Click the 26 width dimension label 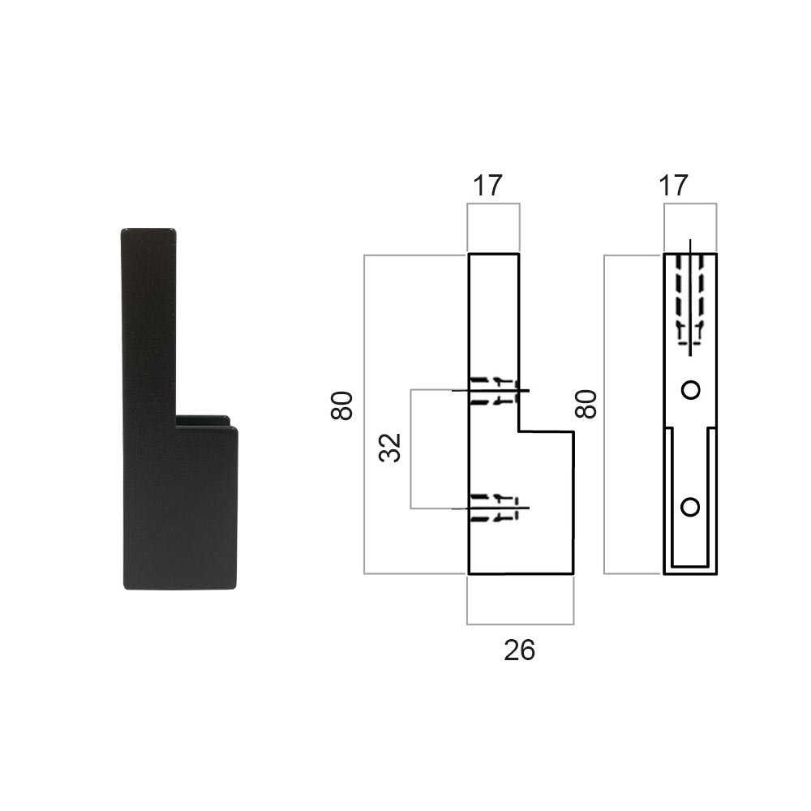coord(519,650)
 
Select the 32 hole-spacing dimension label coord(391,448)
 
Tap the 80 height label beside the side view coord(341,406)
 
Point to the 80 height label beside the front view coord(586,405)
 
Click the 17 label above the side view coord(487,186)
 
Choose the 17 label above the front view coord(673,186)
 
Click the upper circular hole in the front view coord(690,390)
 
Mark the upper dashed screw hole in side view coord(494,391)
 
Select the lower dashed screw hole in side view coord(494,508)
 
